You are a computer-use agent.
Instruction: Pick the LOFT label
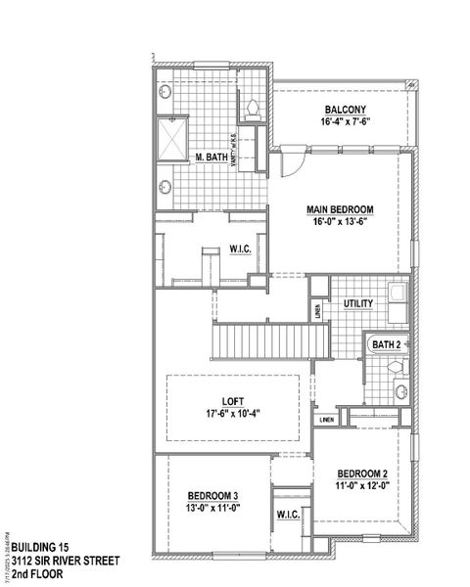pyautogui.click(x=232, y=399)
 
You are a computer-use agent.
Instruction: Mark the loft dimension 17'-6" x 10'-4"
pyautogui.click(x=232, y=413)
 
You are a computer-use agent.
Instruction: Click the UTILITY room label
pyautogui.click(x=357, y=304)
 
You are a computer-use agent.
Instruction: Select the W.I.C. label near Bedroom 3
pyautogui.click(x=288, y=515)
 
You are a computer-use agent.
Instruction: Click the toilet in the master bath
pyautogui.click(x=253, y=107)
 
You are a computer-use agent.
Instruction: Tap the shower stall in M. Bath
pyautogui.click(x=174, y=136)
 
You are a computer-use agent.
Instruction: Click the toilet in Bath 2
pyautogui.click(x=396, y=366)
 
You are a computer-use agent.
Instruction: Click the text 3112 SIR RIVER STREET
pyautogui.click(x=59, y=561)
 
